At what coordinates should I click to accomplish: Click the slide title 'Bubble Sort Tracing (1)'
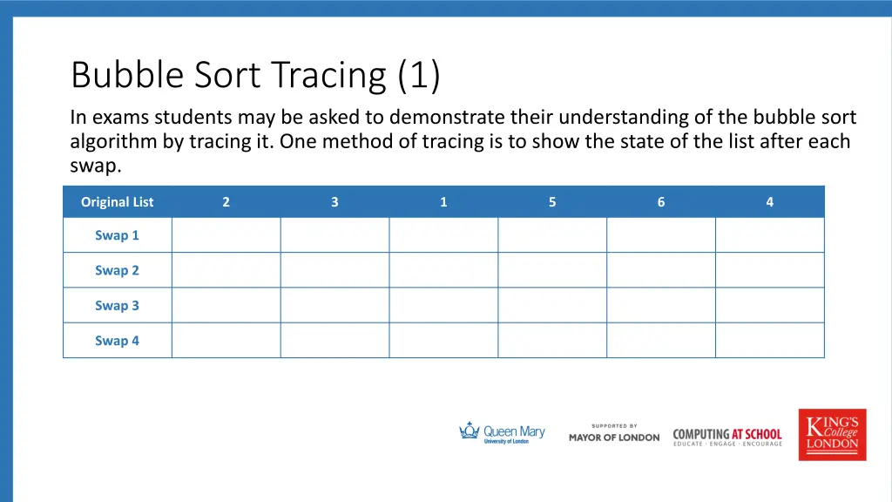tap(255, 76)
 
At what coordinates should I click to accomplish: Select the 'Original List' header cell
tap(117, 202)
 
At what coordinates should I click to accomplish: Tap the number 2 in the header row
tap(226, 202)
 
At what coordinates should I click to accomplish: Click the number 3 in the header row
tap(334, 202)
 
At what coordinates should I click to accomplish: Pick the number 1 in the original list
tap(443, 202)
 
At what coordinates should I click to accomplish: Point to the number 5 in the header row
tap(552, 202)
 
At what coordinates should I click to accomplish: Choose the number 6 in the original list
tap(661, 202)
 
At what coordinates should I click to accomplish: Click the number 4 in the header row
tap(770, 202)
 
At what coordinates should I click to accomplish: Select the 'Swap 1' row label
tap(117, 235)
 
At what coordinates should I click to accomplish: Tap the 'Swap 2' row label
tap(117, 270)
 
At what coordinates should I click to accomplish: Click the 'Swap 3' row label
tap(117, 306)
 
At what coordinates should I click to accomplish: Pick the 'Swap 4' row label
tap(117, 341)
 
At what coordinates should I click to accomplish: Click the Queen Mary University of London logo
tap(502, 433)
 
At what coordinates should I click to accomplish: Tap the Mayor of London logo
tap(614, 434)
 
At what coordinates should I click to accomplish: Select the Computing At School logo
tap(727, 436)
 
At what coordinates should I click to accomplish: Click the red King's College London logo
tap(832, 434)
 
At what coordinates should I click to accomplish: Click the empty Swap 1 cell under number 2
tap(226, 235)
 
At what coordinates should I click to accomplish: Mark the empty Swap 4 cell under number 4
tap(770, 341)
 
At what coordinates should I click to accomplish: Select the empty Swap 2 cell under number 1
tap(443, 270)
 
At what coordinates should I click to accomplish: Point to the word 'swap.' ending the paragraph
tap(96, 166)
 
